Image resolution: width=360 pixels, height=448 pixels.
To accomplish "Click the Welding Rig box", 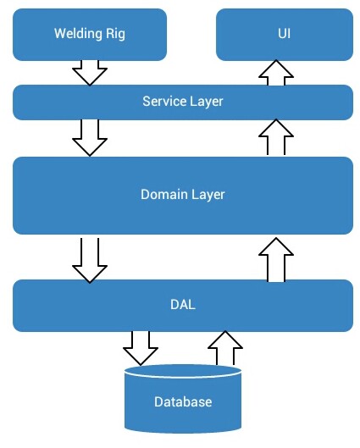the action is pos(90,35).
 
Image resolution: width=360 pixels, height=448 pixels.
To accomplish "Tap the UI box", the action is pos(285,35).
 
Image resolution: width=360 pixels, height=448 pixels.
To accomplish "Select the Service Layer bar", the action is pos(183,102).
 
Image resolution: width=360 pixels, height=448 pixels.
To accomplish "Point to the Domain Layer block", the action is pos(183,196).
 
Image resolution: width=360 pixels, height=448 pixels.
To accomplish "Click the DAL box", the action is pos(183,306).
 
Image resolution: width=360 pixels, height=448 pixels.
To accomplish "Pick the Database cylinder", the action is pos(183,399).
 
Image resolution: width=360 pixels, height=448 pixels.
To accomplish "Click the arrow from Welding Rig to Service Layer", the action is pos(90,73).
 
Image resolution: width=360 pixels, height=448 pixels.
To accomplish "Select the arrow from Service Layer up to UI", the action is pos(276,73).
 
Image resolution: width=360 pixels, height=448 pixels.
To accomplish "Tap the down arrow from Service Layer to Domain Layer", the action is pos(90,138).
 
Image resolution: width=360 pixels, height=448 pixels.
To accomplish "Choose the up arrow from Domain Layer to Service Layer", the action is pos(276,137).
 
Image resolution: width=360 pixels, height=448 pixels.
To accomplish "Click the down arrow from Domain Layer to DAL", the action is pos(90,261).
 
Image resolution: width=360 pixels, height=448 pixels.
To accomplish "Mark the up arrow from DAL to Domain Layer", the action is pos(276,260).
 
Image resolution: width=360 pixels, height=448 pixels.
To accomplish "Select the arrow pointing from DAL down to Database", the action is pos(141,348).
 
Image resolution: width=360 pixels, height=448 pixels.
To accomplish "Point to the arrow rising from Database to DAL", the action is pos(225,348).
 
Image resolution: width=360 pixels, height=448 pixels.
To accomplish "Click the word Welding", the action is pos(78,34).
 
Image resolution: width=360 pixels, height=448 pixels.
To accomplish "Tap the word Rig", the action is pos(116,34).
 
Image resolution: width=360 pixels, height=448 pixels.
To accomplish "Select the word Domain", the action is pos(164,195).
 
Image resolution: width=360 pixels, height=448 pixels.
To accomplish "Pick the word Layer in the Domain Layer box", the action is pos(208,196).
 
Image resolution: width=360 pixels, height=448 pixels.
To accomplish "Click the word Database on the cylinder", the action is pos(183,402).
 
